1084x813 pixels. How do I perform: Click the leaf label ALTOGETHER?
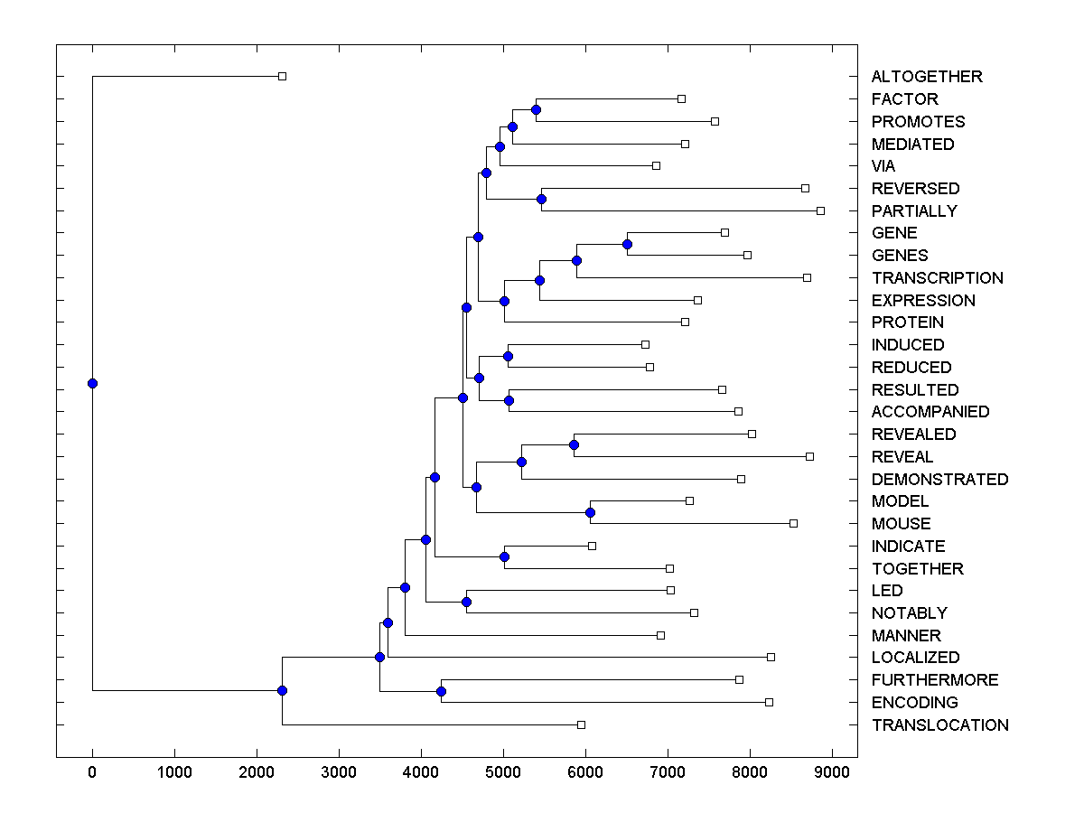click(926, 77)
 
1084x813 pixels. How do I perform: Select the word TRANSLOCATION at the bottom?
click(939, 725)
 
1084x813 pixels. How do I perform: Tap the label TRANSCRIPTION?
click(937, 278)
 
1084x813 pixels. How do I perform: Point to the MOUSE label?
click(901, 524)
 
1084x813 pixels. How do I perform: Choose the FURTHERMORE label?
click(935, 680)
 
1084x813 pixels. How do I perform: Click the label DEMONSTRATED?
click(939, 480)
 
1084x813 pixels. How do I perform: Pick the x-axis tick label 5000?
click(503, 771)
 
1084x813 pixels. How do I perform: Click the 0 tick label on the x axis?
click(92, 771)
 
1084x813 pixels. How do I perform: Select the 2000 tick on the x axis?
click(257, 771)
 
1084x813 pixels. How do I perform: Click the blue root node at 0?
click(92, 383)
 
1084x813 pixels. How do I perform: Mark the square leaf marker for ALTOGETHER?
click(282, 76)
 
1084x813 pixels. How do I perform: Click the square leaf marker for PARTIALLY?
click(820, 210)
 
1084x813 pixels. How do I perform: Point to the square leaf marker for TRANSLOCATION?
click(581, 724)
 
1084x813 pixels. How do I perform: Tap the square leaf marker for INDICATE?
click(592, 546)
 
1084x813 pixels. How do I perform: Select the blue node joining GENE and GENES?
click(627, 244)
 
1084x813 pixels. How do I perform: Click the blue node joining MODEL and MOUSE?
click(590, 512)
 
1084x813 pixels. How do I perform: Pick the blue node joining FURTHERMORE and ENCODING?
click(441, 691)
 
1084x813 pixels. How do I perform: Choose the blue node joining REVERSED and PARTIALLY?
click(541, 199)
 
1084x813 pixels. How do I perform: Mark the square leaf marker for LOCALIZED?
click(771, 657)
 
